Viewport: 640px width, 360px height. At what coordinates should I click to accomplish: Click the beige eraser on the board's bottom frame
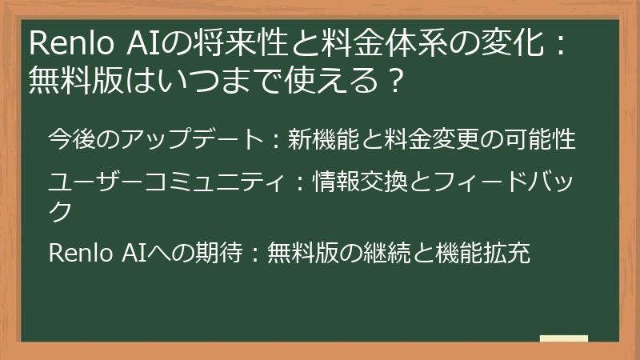pos(563,339)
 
